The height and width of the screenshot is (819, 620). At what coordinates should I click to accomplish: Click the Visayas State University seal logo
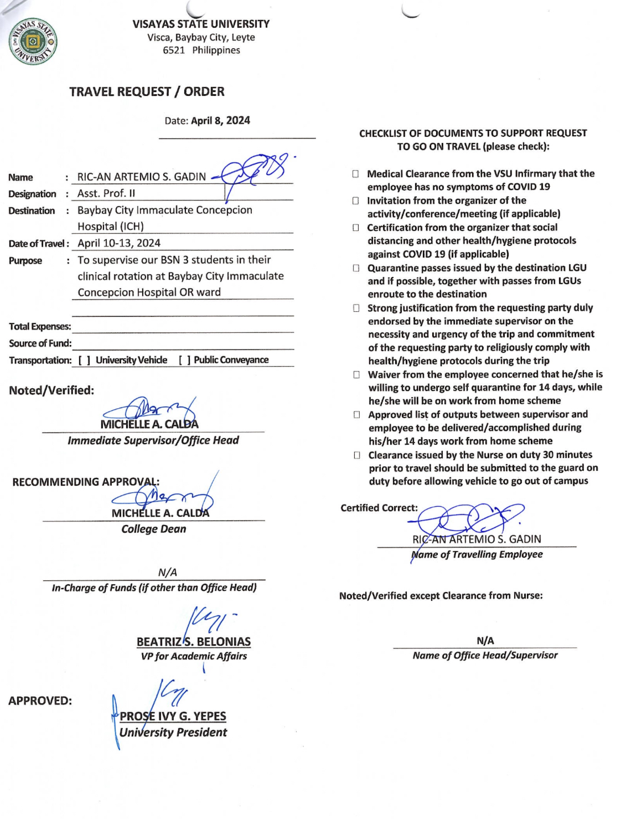pos(33,42)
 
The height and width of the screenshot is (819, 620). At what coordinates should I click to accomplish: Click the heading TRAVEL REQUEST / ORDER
pos(147,92)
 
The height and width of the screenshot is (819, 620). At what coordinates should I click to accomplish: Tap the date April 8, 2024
pos(220,121)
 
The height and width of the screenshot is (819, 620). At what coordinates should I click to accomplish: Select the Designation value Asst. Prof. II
pos(106,193)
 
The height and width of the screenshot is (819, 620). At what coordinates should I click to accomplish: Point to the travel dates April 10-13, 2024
pos(119,243)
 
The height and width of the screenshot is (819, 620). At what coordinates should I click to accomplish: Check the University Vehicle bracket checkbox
pos(84,360)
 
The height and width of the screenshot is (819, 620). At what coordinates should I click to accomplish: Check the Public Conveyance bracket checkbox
pos(184,360)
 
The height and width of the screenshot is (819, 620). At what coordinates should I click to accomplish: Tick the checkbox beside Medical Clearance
pos(355,174)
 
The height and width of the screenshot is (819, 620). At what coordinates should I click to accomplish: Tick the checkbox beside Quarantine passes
pos(356,268)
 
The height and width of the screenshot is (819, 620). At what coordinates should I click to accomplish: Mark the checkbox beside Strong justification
pos(356,308)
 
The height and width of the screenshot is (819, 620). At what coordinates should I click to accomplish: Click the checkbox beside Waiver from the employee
pos(356,375)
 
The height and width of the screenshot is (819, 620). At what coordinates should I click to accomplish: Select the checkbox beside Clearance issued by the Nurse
pos(357,455)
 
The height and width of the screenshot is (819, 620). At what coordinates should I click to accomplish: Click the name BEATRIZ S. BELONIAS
pos(194,642)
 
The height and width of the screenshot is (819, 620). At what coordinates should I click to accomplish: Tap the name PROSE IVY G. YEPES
pos(173,716)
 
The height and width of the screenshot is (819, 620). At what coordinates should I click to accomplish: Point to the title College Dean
pos(154,529)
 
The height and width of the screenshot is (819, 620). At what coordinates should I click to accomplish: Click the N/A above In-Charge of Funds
pos(168,572)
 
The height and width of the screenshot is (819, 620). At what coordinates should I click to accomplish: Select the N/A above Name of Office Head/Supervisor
pos(485,641)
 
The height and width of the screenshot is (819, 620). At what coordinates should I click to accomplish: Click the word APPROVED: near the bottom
pos(40,701)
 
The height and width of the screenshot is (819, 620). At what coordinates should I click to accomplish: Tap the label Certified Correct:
pos(379,508)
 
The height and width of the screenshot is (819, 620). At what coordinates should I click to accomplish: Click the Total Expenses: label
pos(40,327)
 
